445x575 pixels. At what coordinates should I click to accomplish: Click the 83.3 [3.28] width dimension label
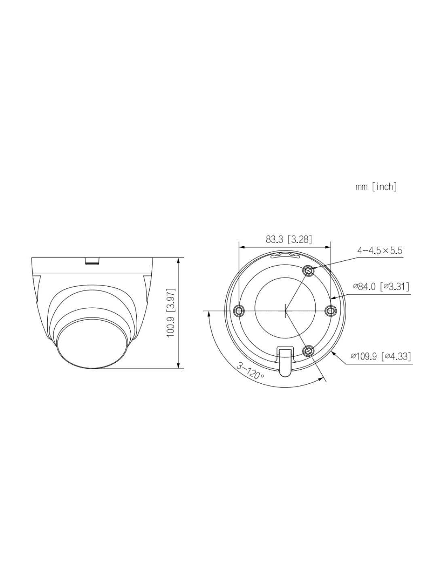point(288,240)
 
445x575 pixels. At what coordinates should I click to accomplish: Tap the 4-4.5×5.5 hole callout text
point(379,250)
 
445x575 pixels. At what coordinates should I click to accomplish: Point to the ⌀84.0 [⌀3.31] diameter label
point(381,286)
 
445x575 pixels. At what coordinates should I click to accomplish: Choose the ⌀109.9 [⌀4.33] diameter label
point(381,356)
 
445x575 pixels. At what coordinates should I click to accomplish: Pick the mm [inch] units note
point(376,187)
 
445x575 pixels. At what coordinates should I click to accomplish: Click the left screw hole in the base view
point(239,311)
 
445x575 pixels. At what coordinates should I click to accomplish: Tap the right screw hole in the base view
point(330,311)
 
